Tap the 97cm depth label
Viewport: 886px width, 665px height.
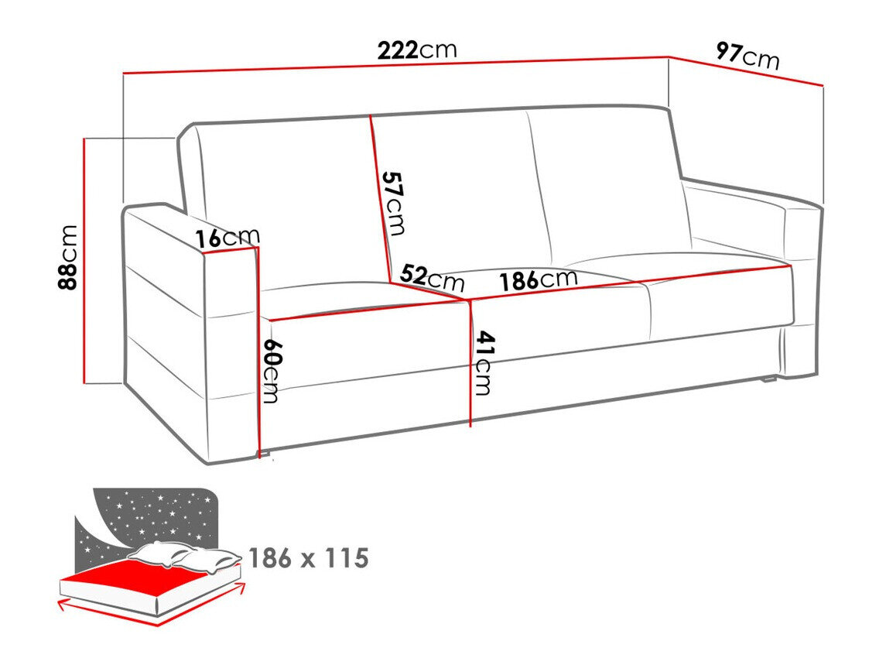(x=747, y=56)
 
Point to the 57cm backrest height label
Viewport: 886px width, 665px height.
(x=393, y=203)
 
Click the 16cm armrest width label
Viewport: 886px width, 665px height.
(x=227, y=238)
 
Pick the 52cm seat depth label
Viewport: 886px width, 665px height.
(x=432, y=276)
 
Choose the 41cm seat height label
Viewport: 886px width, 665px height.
(x=483, y=362)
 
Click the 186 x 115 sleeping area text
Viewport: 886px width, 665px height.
(x=308, y=557)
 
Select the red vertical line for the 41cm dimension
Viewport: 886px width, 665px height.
(x=470, y=364)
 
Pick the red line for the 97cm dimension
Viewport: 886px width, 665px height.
(x=746, y=70)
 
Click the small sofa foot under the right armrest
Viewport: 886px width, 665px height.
(x=768, y=379)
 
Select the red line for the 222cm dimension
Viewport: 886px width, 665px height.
(x=395, y=64)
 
